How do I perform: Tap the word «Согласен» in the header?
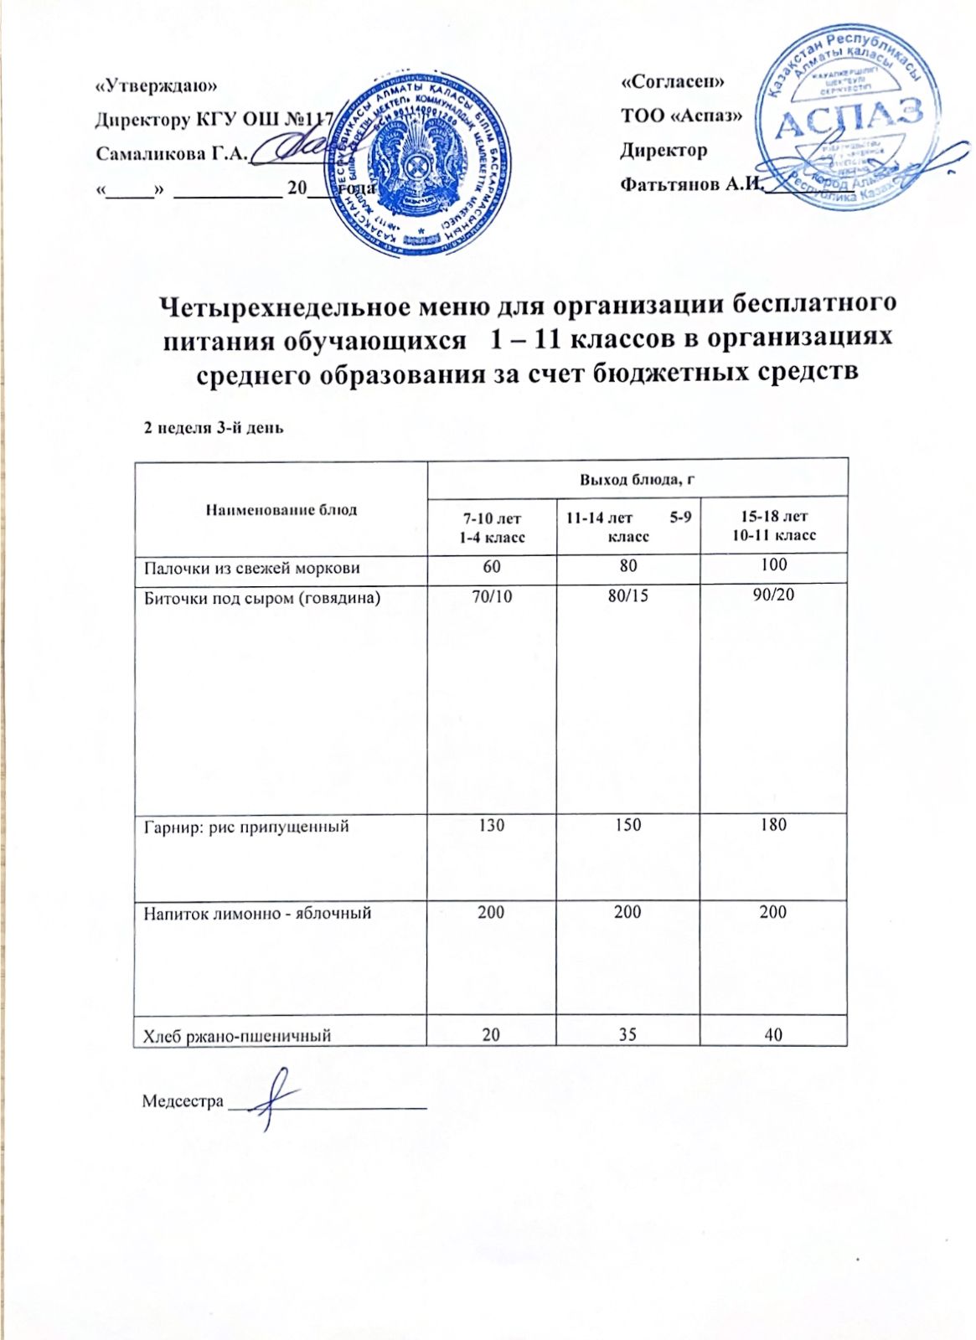pyautogui.click(x=673, y=81)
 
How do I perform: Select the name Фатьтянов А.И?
pyautogui.click(x=689, y=184)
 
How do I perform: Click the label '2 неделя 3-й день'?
pyautogui.click(x=214, y=428)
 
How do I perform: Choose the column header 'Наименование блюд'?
pyautogui.click(x=281, y=509)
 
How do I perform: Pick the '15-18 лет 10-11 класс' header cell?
pyautogui.click(x=773, y=526)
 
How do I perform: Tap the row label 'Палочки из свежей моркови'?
pyautogui.click(x=252, y=568)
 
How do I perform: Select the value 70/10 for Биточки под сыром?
pyautogui.click(x=492, y=596)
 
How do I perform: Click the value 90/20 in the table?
pyautogui.click(x=773, y=595)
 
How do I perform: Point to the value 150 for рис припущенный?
pyautogui.click(x=627, y=825)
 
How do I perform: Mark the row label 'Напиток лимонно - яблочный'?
pyautogui.click(x=257, y=913)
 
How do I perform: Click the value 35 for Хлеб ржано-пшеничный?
pyautogui.click(x=627, y=1034)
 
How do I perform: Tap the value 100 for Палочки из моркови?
pyautogui.click(x=773, y=564)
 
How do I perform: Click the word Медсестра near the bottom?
pyautogui.click(x=183, y=1100)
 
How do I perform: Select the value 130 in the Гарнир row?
pyautogui.click(x=491, y=825)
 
